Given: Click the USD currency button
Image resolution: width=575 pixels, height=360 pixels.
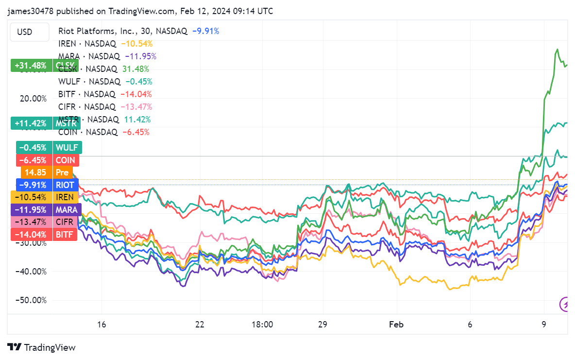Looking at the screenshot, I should coord(25,32).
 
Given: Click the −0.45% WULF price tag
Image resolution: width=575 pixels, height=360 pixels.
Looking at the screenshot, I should coord(49,147).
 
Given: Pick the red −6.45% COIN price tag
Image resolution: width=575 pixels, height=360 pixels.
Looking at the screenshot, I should coord(47,160).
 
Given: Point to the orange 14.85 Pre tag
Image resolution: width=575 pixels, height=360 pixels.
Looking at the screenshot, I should coord(47,172).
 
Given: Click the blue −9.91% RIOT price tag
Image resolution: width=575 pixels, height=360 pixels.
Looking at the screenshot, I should coord(47,185).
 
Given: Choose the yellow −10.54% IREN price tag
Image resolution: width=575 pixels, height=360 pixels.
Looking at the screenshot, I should coord(44,197).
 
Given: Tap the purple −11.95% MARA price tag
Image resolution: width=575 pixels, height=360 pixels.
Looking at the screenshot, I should coord(46,210).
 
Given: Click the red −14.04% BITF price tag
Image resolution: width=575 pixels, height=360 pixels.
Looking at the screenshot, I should coord(44,235).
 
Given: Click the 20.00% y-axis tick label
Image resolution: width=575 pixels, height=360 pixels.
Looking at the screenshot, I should coord(33,99).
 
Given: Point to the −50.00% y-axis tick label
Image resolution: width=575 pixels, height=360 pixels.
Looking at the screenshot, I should coord(32,300).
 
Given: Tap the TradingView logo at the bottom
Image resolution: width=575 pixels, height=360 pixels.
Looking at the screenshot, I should coord(42,347).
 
